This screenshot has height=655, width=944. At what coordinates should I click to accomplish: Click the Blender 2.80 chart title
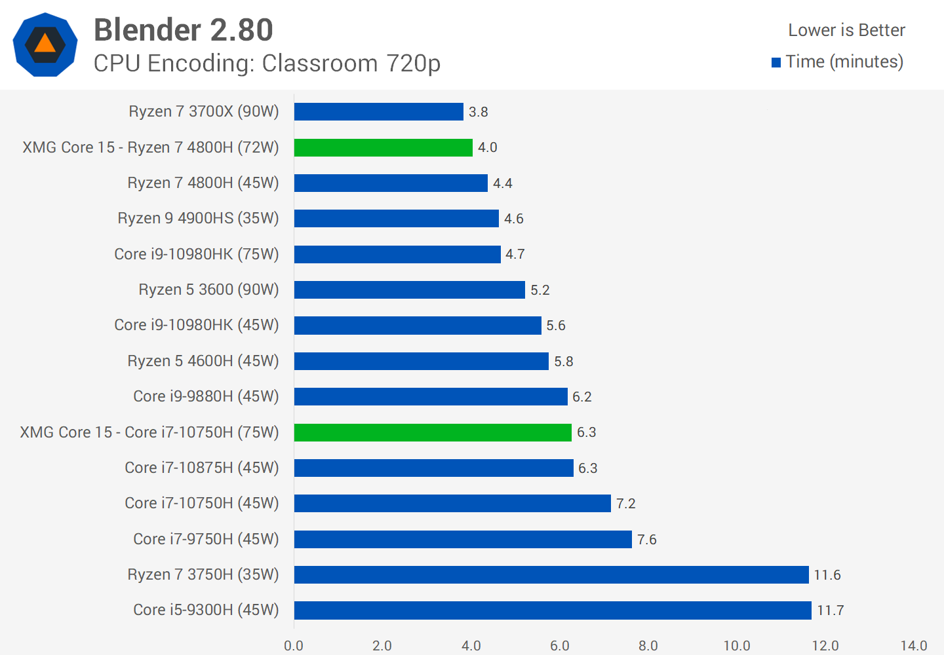click(183, 30)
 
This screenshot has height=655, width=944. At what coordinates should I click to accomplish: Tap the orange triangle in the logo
click(45, 44)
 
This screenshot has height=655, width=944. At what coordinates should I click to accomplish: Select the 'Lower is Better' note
click(846, 30)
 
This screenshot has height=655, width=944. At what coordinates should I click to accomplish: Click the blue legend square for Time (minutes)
click(776, 63)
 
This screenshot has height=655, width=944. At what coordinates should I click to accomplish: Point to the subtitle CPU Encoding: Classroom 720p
click(267, 64)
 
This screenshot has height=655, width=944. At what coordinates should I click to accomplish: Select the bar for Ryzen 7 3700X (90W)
click(378, 112)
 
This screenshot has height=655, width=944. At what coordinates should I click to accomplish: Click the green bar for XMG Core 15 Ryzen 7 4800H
click(383, 147)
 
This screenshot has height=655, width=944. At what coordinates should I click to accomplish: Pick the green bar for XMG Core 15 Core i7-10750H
click(433, 432)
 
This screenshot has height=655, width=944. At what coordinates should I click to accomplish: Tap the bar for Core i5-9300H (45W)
click(553, 610)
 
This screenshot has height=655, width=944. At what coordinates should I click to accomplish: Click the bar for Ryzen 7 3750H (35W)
click(551, 574)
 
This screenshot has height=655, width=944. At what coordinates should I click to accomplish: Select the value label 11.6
click(827, 575)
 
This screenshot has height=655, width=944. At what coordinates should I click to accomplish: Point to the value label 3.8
click(479, 112)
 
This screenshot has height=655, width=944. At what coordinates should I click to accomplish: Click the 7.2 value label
click(626, 504)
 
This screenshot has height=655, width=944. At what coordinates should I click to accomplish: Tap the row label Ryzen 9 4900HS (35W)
click(198, 218)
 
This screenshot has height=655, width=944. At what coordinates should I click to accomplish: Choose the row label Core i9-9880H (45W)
click(206, 396)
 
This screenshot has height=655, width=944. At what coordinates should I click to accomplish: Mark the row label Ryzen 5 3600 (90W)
click(208, 290)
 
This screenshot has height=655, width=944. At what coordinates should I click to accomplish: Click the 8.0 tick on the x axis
click(648, 646)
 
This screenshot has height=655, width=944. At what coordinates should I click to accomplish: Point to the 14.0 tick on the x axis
click(914, 646)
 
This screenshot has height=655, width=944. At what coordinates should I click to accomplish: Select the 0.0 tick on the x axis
click(294, 646)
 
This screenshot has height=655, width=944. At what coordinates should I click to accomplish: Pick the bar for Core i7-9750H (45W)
click(463, 539)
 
